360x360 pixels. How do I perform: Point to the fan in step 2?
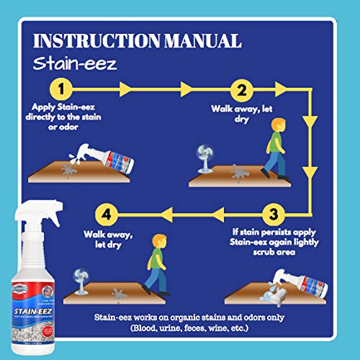point(204,160)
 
